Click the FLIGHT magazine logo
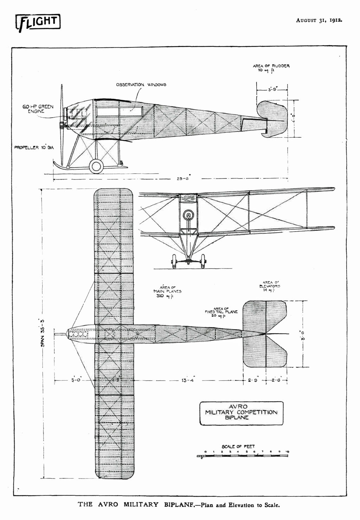[x=38, y=23]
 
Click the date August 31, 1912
[x=319, y=20]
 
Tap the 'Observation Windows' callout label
[x=141, y=85]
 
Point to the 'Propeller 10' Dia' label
[x=34, y=148]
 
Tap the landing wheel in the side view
[x=96, y=166]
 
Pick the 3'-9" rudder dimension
[x=272, y=90]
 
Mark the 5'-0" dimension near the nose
[x=76, y=380]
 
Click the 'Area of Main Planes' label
[x=167, y=291]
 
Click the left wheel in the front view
[x=174, y=262]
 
